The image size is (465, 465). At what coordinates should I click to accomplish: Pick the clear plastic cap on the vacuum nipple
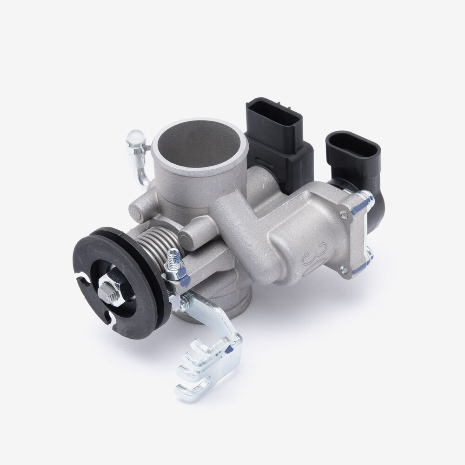pos(136,139)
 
